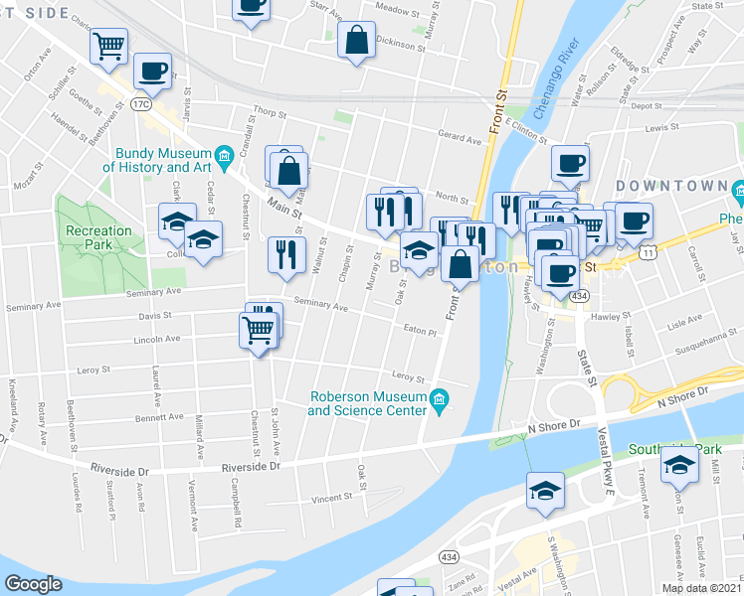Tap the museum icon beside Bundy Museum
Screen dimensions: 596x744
[225, 154]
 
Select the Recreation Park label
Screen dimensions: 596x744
[97, 237]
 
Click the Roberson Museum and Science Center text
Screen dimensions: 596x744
[367, 402]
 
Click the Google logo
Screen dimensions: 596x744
[34, 583]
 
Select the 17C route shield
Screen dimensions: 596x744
[140, 103]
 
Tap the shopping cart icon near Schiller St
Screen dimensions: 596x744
[108, 45]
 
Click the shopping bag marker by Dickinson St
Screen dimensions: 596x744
[356, 41]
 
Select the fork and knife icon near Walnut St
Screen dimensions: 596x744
[284, 254]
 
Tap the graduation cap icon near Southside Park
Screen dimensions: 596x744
[679, 464]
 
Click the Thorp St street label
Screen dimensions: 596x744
[269, 114]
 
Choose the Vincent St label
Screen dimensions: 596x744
[331, 497]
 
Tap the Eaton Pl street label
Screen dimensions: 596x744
[421, 332]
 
